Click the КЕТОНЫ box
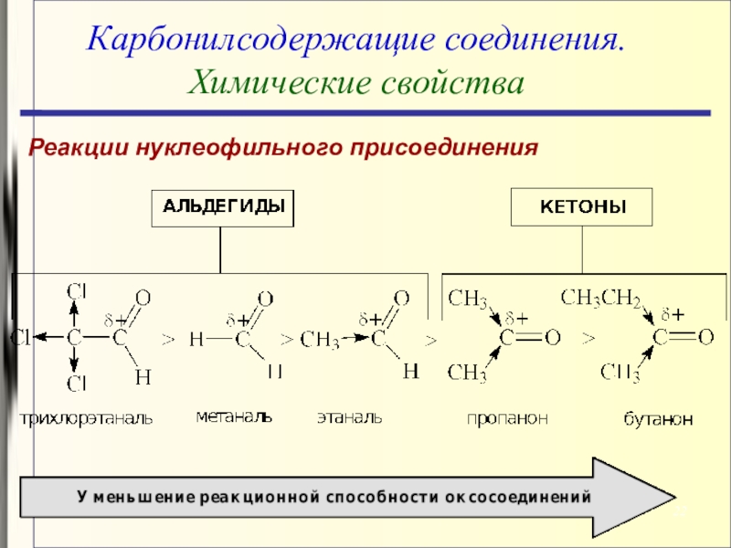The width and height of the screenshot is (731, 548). point(583,207)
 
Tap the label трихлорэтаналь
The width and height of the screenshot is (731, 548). point(88,418)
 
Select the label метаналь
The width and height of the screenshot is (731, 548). point(234,416)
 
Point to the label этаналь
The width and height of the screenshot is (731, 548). point(349,417)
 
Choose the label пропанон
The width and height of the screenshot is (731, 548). point(507,418)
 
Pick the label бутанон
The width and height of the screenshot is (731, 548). point(658,419)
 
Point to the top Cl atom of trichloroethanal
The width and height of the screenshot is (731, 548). point(76,291)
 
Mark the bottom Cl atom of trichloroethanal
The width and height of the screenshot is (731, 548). point(76,381)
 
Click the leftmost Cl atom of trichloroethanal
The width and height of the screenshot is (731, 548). point(19,338)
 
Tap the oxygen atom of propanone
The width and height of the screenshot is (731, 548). point(552,338)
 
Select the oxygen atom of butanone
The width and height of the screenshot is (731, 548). point(705,338)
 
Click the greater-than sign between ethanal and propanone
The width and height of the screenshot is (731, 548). point(431,340)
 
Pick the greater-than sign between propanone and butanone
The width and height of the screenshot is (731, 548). point(588,339)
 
